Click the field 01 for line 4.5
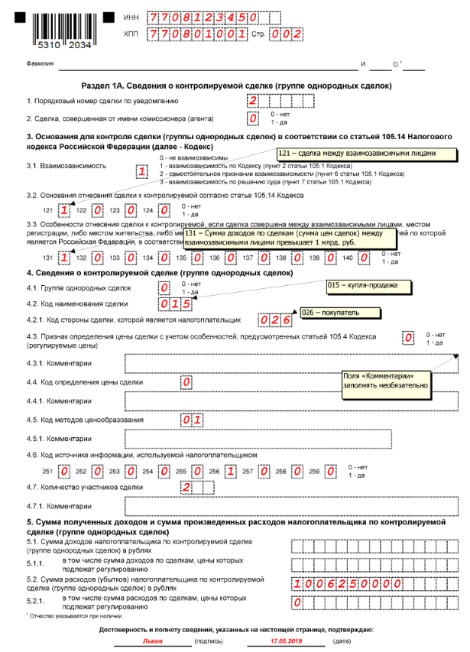tap(191, 419)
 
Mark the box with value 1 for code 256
tap(230, 471)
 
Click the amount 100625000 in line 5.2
tap(348, 584)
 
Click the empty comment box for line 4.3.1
tap(290, 362)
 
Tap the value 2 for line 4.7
tap(186, 487)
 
